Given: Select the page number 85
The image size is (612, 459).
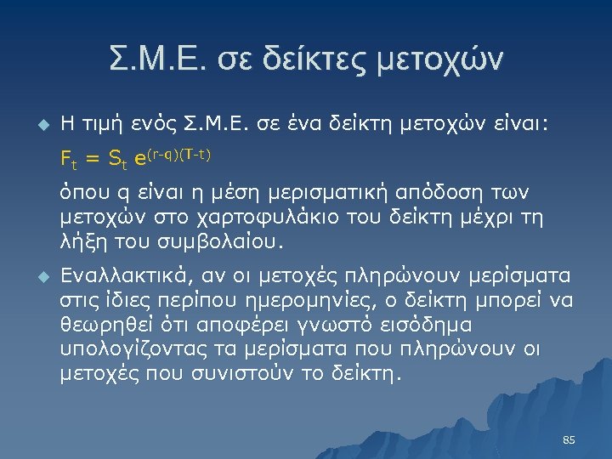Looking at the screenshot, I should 569,440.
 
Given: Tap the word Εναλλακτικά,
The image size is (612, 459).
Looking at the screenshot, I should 132,277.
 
